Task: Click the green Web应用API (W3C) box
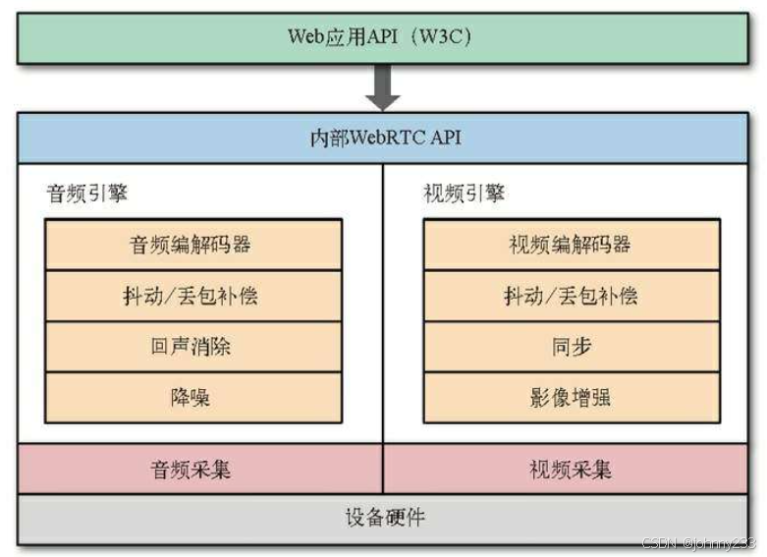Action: tap(383, 38)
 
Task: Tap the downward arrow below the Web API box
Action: tap(383, 87)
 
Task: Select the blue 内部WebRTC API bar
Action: tap(383, 139)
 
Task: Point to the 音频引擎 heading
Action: tap(86, 194)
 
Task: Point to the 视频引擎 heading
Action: tap(464, 194)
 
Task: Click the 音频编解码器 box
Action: tap(193, 245)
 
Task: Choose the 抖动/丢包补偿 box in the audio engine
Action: tap(193, 296)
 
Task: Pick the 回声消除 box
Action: tap(193, 347)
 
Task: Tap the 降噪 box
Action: tap(193, 398)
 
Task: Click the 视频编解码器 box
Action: tap(572, 245)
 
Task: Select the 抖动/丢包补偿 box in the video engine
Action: tap(572, 296)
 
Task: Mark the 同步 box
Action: tap(572, 347)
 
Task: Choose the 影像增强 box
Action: tap(572, 398)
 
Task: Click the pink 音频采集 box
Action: tap(200, 469)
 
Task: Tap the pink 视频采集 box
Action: tap(566, 469)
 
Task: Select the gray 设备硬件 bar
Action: tap(383, 519)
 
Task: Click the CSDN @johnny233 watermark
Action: tap(698, 543)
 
